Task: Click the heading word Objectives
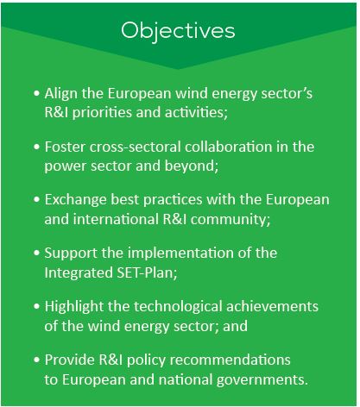(178, 31)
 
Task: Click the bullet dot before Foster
(36, 147)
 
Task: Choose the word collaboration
(229, 147)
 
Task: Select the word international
(116, 220)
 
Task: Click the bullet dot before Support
(36, 253)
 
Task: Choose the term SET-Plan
(145, 273)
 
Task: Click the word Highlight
(74, 307)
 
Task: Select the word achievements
(272, 307)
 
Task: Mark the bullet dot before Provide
(36, 360)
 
